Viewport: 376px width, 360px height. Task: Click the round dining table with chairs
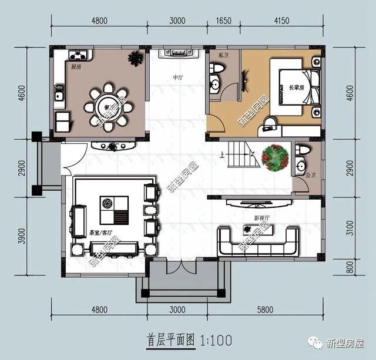pos(108,107)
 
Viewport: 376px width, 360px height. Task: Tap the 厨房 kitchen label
pos(76,66)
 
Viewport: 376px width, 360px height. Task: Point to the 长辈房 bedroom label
pos(297,88)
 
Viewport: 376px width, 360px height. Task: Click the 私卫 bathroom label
pos(222,55)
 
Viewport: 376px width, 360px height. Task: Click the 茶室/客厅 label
pos(100,233)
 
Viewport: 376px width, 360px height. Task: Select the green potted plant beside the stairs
pos(274,158)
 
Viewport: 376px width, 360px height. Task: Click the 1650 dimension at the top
pos(223,21)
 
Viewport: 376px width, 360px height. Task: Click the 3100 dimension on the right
pos(350,224)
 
